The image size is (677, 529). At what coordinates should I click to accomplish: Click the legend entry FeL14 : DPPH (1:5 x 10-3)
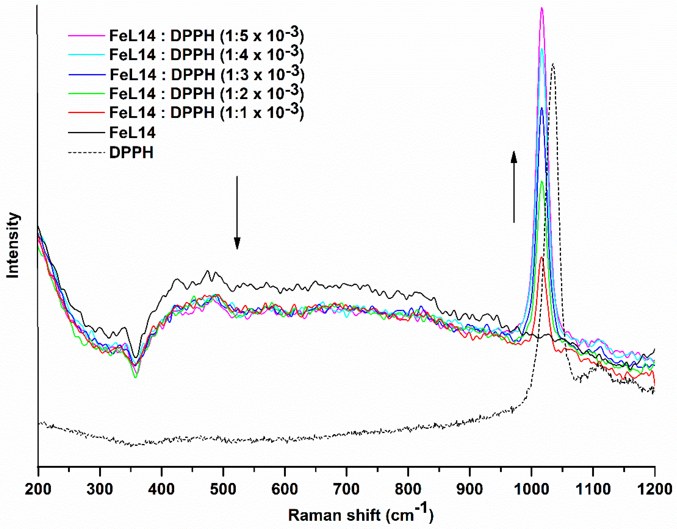click(x=206, y=36)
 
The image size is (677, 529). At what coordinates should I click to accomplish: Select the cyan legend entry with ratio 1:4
click(x=206, y=55)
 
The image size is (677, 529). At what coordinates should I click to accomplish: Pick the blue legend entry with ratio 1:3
click(x=207, y=74)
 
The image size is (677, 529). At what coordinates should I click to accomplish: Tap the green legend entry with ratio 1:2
click(x=206, y=93)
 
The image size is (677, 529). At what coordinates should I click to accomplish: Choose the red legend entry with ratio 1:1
click(x=206, y=112)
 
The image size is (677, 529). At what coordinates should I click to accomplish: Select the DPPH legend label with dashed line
click(x=131, y=152)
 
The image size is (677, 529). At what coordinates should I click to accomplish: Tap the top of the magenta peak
click(x=542, y=8)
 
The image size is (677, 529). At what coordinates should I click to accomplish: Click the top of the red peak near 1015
click(x=542, y=257)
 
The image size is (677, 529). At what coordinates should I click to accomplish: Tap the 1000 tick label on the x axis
click(x=531, y=489)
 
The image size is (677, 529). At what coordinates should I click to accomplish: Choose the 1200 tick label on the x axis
click(x=654, y=489)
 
